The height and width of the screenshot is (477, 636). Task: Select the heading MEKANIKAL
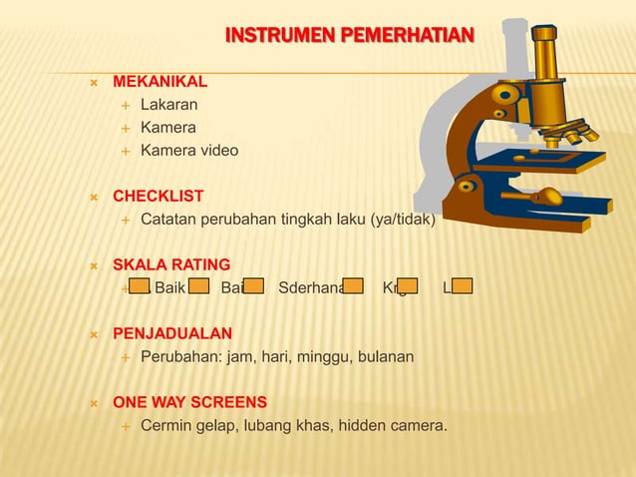159,81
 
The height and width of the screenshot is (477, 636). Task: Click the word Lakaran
168,104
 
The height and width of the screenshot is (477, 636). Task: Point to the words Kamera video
189,151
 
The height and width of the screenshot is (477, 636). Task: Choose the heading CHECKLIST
158,196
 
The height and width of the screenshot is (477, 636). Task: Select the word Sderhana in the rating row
311,288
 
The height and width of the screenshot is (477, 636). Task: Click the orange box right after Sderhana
353,288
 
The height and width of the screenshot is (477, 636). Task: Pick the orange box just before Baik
140,288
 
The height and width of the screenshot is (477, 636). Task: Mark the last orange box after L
462,288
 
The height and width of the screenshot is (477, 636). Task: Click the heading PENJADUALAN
172,333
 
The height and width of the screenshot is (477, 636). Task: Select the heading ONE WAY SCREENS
189,402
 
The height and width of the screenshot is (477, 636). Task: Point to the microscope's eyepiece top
543,33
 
